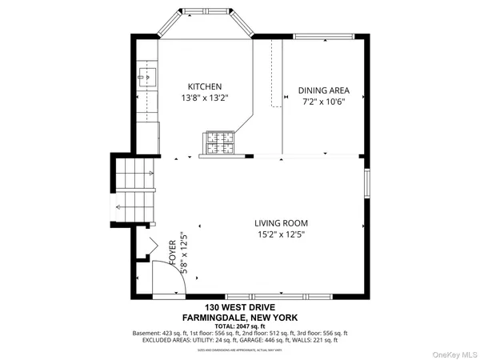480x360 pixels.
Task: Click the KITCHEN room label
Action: pos(205,86)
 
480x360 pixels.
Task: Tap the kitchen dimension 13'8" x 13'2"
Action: pos(205,98)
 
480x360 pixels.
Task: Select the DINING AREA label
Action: pos(324,90)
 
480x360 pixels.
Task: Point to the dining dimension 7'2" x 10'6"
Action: pos(324,102)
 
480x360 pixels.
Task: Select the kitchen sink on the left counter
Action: pos(148,77)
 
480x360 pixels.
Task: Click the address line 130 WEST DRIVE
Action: pos(240,308)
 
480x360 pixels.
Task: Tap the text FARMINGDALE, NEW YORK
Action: pos(240,317)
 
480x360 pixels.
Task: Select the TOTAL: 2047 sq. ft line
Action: pos(240,326)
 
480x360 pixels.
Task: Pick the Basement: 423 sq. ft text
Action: pos(160,333)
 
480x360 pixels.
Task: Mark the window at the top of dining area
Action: pos(324,36)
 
